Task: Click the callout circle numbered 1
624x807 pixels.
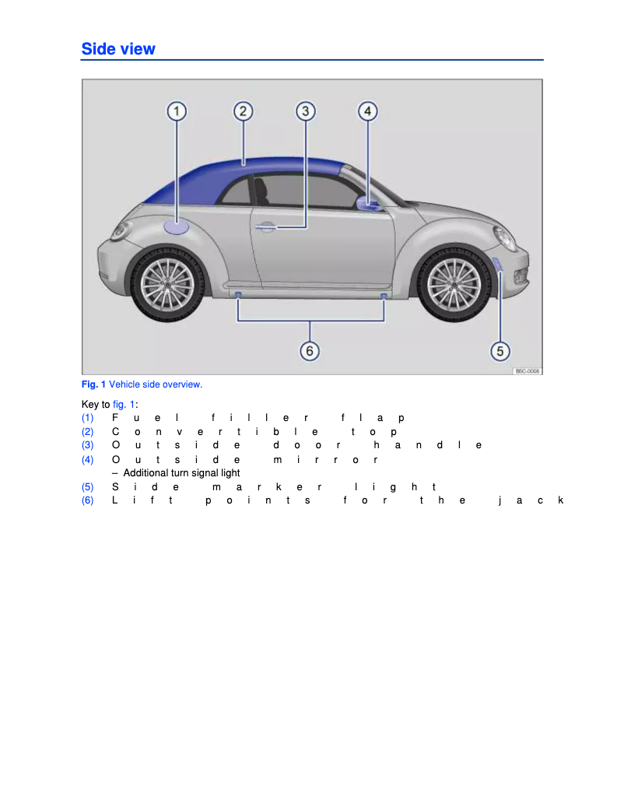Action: (177, 111)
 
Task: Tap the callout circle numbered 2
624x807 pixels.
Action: (243, 111)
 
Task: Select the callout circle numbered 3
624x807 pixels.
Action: (306, 111)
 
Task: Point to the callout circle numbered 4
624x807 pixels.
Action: (367, 111)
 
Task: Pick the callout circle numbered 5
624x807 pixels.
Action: (500, 351)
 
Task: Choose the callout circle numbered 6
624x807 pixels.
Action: (310, 351)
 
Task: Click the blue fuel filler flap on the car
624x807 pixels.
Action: (177, 227)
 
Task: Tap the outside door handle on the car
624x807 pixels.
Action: (265, 227)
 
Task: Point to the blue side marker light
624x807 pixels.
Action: (499, 266)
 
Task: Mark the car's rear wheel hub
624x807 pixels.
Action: (167, 283)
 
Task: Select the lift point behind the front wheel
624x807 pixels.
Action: (384, 296)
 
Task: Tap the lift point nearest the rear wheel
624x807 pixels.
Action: (238, 295)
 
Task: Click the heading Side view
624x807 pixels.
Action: (118, 49)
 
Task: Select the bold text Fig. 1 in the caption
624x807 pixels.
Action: (93, 384)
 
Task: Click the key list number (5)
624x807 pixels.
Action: (88, 487)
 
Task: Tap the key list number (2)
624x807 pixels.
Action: (88, 431)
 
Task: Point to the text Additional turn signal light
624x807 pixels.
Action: (181, 473)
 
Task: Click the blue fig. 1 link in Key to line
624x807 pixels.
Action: (124, 405)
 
